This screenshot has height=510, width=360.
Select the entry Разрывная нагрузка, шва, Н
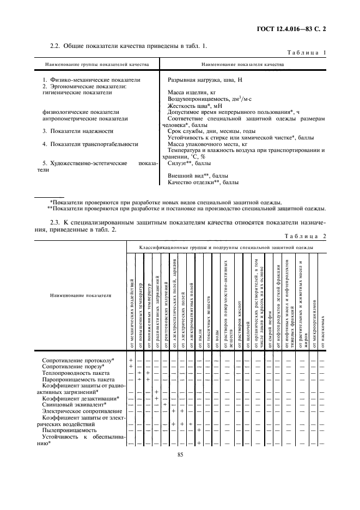point(205,80)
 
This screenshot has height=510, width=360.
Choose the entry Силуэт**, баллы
point(190,163)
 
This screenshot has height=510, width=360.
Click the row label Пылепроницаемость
point(70,430)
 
